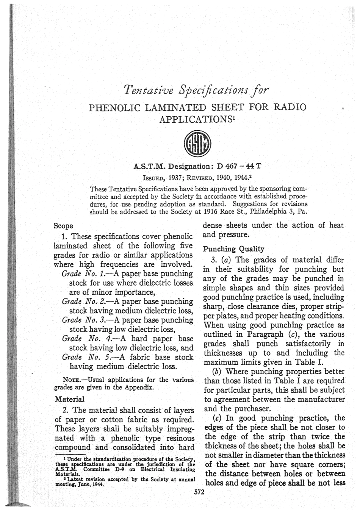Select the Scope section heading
click(63, 226)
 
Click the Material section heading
click(70, 399)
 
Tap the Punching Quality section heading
click(233, 249)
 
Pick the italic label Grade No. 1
click(85, 273)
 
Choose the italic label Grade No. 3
click(85, 320)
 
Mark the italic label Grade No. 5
click(85, 357)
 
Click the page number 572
click(199, 492)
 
